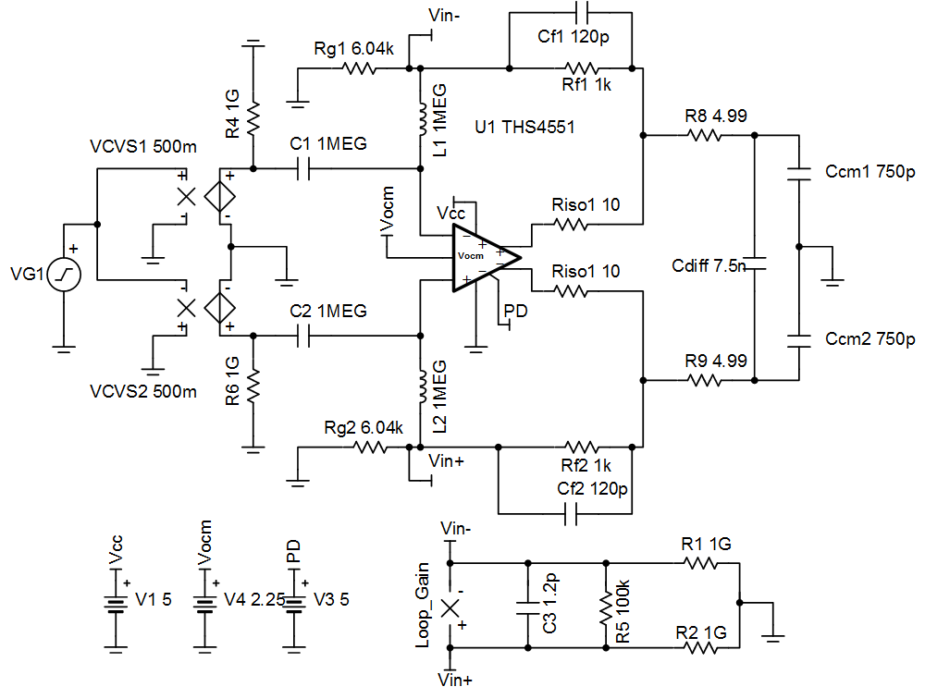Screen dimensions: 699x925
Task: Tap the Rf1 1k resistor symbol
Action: coord(583,67)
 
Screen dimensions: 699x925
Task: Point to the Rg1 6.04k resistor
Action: coord(356,67)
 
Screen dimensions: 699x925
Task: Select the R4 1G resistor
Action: coord(253,117)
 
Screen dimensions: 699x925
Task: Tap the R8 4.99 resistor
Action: coord(703,135)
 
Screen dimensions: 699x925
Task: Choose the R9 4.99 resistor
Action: coord(703,380)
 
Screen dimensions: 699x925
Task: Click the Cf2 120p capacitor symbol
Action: coord(570,512)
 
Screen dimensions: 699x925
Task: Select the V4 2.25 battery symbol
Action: coord(203,603)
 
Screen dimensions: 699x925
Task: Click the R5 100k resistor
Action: coord(607,606)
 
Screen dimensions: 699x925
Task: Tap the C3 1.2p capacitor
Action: coord(528,607)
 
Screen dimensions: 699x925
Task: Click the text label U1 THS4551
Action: coord(524,128)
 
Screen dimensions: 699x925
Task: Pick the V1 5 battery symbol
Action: coord(115,603)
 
